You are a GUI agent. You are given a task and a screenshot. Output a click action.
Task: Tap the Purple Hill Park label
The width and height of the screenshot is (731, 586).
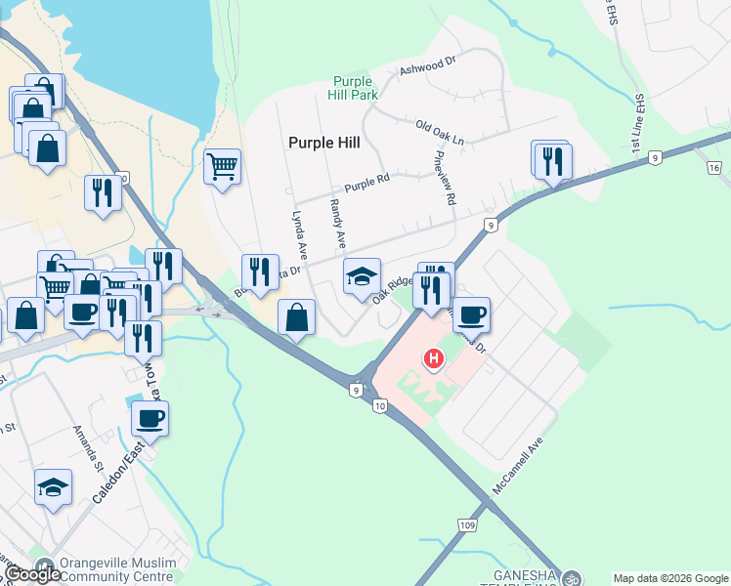pos(354,88)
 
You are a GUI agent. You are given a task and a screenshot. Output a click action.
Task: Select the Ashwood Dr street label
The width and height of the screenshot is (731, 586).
pos(428,66)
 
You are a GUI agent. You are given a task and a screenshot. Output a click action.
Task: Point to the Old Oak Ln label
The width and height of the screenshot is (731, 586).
pos(439,133)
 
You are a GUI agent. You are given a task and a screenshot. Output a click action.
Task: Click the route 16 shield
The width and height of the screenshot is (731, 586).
pos(714,168)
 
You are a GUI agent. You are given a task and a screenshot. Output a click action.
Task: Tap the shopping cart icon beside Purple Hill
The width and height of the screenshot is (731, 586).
pos(223,168)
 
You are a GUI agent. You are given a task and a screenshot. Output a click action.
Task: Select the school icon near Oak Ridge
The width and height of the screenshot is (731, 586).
pos(362,277)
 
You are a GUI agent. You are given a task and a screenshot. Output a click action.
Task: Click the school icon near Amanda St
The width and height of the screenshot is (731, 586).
pos(53,488)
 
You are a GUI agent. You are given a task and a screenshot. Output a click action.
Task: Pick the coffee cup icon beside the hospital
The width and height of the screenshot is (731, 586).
pos(471,314)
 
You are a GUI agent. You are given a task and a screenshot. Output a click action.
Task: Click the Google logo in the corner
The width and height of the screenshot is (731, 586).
pos(33,574)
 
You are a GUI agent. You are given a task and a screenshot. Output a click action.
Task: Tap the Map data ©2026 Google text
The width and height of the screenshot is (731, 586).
pos(669,578)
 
